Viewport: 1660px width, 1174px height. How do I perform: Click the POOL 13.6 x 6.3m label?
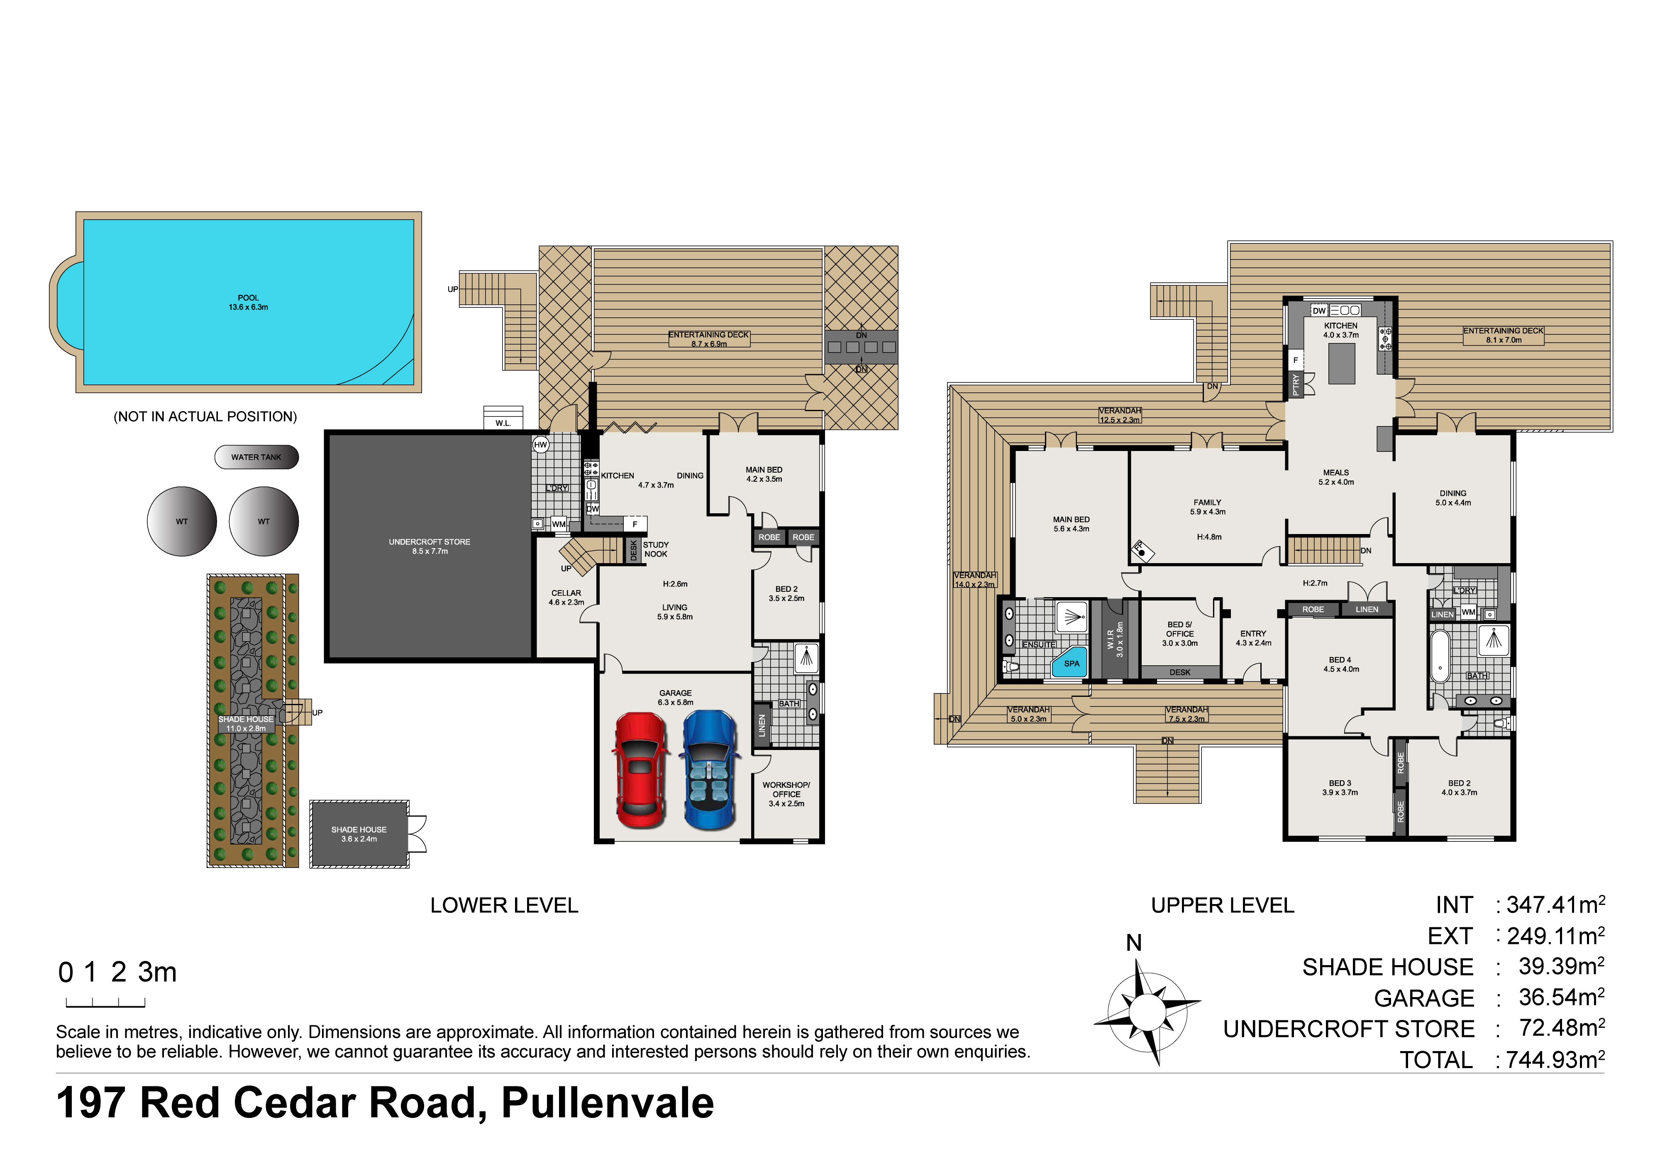[248, 302]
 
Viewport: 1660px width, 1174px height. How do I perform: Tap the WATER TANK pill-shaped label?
[256, 457]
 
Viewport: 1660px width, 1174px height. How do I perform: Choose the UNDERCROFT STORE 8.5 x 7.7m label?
[430, 546]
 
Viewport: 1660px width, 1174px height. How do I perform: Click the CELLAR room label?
[566, 598]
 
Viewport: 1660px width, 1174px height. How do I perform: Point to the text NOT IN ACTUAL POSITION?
[205, 417]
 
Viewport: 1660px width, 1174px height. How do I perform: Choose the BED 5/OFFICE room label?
[1180, 634]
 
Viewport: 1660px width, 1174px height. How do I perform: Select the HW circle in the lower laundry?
[541, 445]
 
